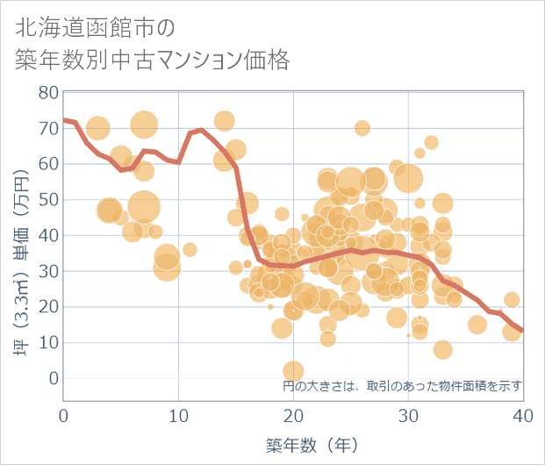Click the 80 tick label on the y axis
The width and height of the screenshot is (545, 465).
[48, 92]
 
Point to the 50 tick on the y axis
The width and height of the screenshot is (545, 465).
[48, 199]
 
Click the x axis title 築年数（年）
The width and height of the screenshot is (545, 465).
[293, 445]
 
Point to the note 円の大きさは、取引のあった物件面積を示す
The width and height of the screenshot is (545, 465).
[402, 385]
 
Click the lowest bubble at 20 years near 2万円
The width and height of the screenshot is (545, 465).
[293, 371]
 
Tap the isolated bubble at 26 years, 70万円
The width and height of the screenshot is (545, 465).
[362, 128]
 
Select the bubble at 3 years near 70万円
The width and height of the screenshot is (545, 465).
[98, 129]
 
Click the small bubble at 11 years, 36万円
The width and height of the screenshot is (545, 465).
[190, 249]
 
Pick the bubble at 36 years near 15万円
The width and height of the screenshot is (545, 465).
[477, 325]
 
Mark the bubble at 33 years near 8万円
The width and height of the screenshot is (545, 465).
[442, 349]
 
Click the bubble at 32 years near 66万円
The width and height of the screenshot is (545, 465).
[431, 142]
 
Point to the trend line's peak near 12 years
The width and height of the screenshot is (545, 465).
[202, 130]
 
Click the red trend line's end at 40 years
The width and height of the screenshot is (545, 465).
[522, 331]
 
